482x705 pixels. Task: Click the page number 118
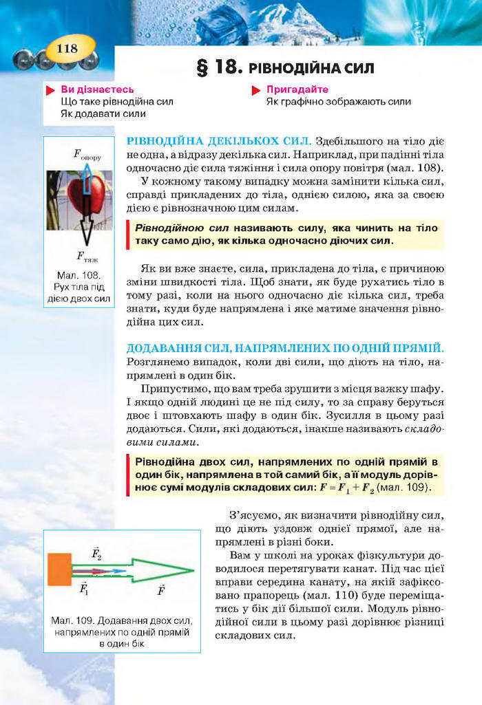(x=67, y=48)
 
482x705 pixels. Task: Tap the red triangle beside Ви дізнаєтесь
(x=50, y=90)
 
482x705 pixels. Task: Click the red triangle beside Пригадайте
(x=255, y=90)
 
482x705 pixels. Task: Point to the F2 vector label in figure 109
(x=96, y=554)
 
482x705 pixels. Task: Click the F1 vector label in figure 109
(x=84, y=589)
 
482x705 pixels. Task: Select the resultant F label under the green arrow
(x=161, y=590)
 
